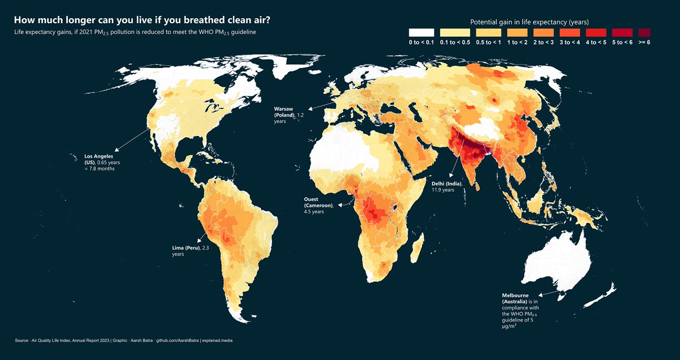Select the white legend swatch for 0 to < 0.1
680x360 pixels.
coord(421,32)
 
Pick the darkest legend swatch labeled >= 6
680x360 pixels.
coord(644,32)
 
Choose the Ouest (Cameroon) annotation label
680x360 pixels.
coord(320,205)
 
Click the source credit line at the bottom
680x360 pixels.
coord(123,340)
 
